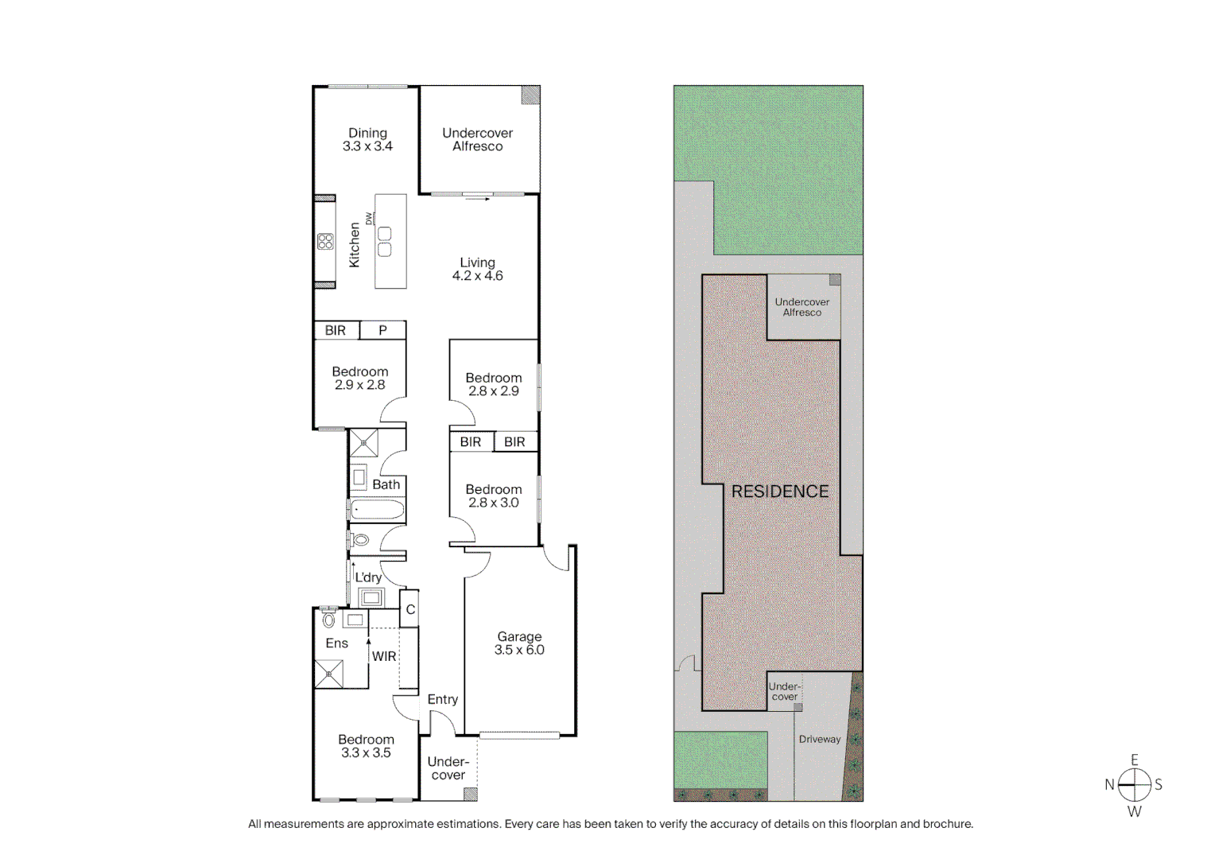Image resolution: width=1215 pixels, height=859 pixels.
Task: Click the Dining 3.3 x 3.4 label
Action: point(367,140)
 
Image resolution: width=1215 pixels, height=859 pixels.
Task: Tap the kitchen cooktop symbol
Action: point(325,242)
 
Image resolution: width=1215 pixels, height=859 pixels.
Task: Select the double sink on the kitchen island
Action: point(385,242)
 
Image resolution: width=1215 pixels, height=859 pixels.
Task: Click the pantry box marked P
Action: point(382,330)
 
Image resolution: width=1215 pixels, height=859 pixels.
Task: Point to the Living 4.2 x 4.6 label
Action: point(477,270)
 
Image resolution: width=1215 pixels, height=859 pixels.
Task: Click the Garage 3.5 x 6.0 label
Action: point(519,643)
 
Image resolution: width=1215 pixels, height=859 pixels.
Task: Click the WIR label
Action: point(384,656)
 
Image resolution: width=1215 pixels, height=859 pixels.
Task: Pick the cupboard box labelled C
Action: point(410,610)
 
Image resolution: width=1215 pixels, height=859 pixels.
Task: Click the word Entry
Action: point(442,699)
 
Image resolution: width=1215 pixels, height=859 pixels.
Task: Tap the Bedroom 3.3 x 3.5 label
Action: point(366,746)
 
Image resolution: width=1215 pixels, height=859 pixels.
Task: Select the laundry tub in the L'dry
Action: point(371,597)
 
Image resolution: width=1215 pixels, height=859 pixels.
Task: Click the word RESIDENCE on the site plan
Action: point(779,492)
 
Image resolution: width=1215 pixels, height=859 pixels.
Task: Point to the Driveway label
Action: point(819,739)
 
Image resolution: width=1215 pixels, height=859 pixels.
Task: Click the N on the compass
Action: point(1108,785)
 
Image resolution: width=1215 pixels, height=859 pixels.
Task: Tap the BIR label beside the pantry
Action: point(336,330)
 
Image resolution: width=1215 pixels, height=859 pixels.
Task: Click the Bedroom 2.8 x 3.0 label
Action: point(493,496)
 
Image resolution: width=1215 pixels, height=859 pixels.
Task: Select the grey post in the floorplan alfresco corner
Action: point(531,95)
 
